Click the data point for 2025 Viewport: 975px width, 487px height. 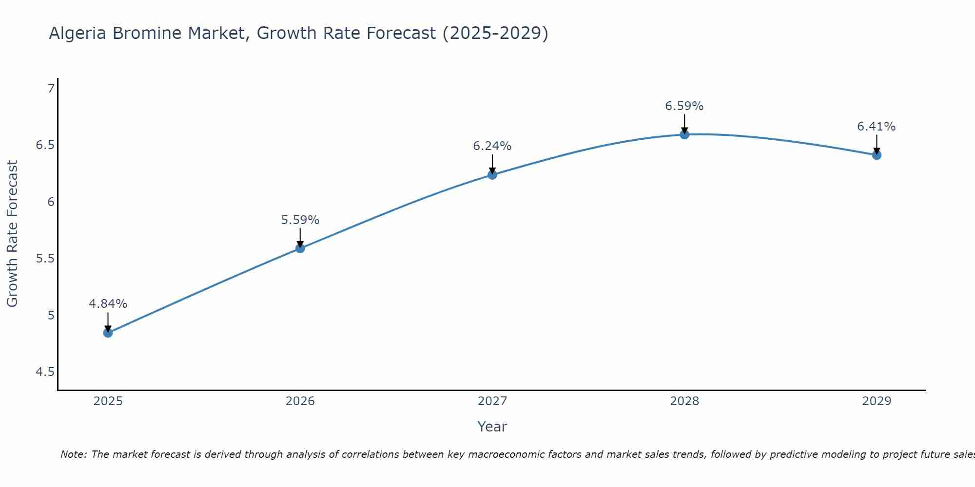[108, 333]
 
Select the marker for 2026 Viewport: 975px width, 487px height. [300, 248]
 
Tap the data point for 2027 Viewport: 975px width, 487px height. [492, 175]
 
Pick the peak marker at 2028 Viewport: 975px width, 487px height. [684, 134]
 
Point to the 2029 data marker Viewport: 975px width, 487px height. [876, 155]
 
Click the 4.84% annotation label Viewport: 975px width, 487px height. [108, 304]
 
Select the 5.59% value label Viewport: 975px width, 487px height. [300, 220]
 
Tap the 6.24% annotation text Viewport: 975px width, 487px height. [492, 146]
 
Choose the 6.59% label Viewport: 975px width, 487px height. [684, 106]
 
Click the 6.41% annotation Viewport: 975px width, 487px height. [876, 127]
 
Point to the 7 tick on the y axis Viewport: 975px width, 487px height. [51, 89]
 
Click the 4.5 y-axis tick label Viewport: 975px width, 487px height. [45, 372]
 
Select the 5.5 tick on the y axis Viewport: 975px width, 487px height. [45, 259]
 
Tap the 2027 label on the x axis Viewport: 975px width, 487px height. [492, 401]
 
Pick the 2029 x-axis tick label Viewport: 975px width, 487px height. [876, 401]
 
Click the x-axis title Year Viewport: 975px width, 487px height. [492, 427]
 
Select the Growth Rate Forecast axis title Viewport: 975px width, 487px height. [13, 234]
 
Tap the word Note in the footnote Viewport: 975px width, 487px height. [73, 454]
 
